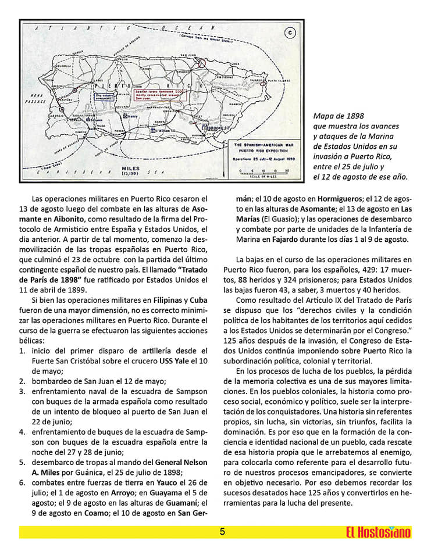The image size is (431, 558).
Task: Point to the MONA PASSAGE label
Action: click(39, 98)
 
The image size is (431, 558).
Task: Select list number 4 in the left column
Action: click(22, 432)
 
